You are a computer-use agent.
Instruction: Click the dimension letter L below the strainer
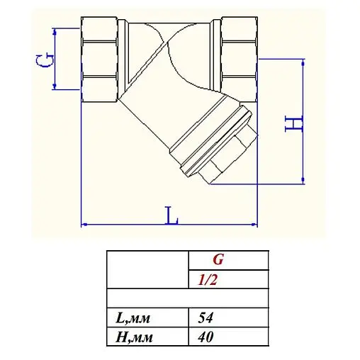coord(171,214)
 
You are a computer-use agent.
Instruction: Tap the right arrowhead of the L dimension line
coord(254,225)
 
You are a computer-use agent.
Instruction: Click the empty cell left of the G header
coord(147,270)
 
